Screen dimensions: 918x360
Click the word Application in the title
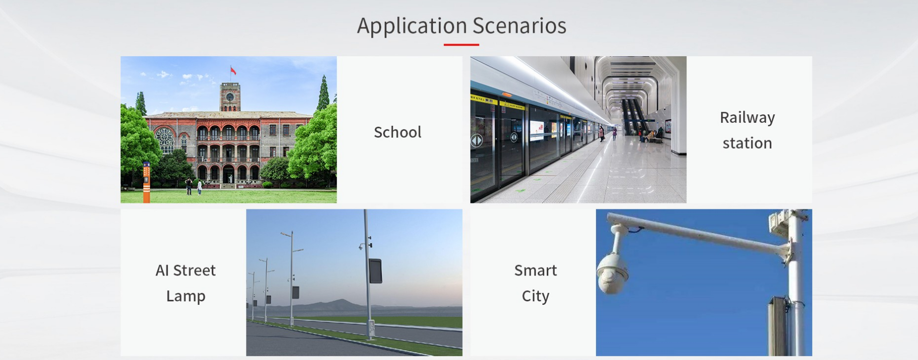(x=412, y=26)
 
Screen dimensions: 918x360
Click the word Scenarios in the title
(x=519, y=25)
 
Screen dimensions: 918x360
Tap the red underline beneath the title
(x=461, y=45)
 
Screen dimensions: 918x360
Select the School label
(x=398, y=132)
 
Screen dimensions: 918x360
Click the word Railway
(x=748, y=118)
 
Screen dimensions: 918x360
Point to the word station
(x=748, y=143)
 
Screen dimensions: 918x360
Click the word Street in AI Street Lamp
(x=194, y=270)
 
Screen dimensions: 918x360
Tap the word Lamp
(x=186, y=296)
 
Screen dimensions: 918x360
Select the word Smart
(x=535, y=270)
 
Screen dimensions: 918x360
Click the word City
(x=535, y=296)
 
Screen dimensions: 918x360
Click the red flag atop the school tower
(x=233, y=71)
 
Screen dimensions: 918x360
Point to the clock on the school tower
(x=230, y=96)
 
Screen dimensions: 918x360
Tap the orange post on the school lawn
(x=146, y=182)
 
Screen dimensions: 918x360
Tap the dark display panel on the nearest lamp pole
(x=375, y=271)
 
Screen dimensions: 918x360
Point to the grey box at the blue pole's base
(x=778, y=326)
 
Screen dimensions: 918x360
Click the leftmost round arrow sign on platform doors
(x=477, y=141)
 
